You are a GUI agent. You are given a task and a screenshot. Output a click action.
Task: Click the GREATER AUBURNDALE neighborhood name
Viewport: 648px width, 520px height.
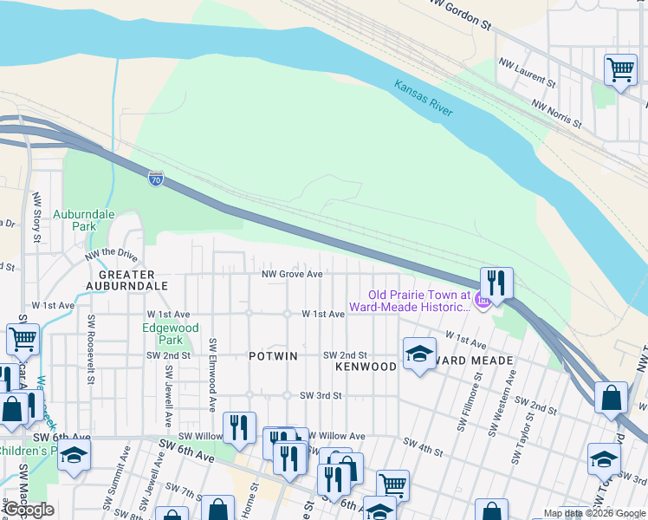(x=126, y=279)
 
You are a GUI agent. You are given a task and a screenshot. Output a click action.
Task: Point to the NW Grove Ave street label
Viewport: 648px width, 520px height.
(x=293, y=274)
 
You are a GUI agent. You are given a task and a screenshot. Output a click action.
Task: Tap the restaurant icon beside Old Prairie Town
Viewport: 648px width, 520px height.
(x=496, y=283)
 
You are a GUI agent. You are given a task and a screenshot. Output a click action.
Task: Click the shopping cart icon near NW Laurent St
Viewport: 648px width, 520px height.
(x=620, y=69)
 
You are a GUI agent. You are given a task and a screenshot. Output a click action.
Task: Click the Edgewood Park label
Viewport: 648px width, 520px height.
(x=171, y=334)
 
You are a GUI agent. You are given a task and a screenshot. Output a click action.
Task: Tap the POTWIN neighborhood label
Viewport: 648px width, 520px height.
(x=273, y=356)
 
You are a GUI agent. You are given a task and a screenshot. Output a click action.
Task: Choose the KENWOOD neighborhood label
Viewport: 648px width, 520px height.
(x=366, y=367)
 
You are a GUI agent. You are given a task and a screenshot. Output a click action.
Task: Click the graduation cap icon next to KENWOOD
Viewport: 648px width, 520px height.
(x=419, y=354)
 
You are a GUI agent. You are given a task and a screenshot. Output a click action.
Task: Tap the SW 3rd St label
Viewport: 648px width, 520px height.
(x=321, y=395)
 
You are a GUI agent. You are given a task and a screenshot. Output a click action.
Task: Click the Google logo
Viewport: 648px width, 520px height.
(x=29, y=510)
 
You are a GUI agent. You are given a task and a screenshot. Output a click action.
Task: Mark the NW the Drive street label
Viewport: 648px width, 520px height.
(x=111, y=256)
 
